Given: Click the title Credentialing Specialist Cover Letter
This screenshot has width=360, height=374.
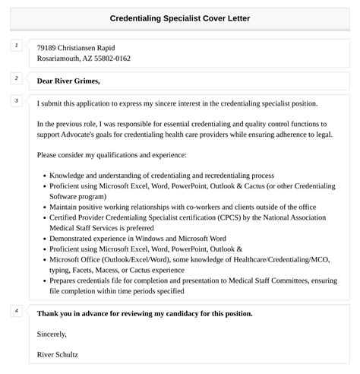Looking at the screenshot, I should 180,17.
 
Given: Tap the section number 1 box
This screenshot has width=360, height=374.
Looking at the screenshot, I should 17,46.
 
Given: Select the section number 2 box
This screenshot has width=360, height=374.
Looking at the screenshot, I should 17,78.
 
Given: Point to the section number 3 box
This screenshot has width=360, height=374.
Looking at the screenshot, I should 17,100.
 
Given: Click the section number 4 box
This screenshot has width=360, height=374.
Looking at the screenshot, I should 17,311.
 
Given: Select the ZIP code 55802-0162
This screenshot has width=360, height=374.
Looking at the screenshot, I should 110,58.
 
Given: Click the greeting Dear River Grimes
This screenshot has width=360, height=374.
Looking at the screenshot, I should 68,81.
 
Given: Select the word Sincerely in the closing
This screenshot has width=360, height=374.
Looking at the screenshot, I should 52,334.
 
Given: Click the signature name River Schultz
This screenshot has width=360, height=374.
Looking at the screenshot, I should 57,354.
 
